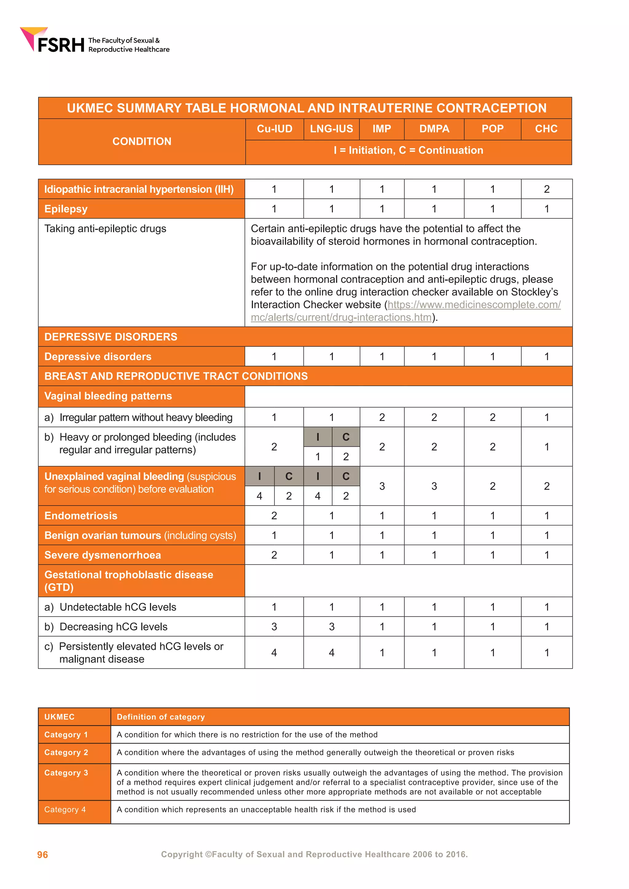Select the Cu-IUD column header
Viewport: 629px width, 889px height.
pos(274,129)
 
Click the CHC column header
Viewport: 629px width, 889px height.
pos(546,129)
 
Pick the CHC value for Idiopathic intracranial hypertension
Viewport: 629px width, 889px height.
pos(546,189)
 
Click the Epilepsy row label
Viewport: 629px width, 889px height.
pos(66,209)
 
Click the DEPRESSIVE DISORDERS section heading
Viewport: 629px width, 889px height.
pos(111,337)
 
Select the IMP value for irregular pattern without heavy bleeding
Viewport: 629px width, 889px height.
pos(382,417)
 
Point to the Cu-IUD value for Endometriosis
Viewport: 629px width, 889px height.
pos(274,516)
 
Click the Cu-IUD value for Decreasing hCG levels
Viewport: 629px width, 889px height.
pos(274,627)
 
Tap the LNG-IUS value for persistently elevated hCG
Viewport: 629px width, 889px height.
pos(331,653)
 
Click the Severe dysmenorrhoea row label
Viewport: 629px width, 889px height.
pos(103,555)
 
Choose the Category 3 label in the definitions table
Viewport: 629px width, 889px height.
pos(66,773)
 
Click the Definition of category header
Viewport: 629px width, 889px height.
pos(161,717)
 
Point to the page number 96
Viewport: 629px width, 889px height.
pos(43,855)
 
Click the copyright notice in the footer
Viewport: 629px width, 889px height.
pos(314,855)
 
